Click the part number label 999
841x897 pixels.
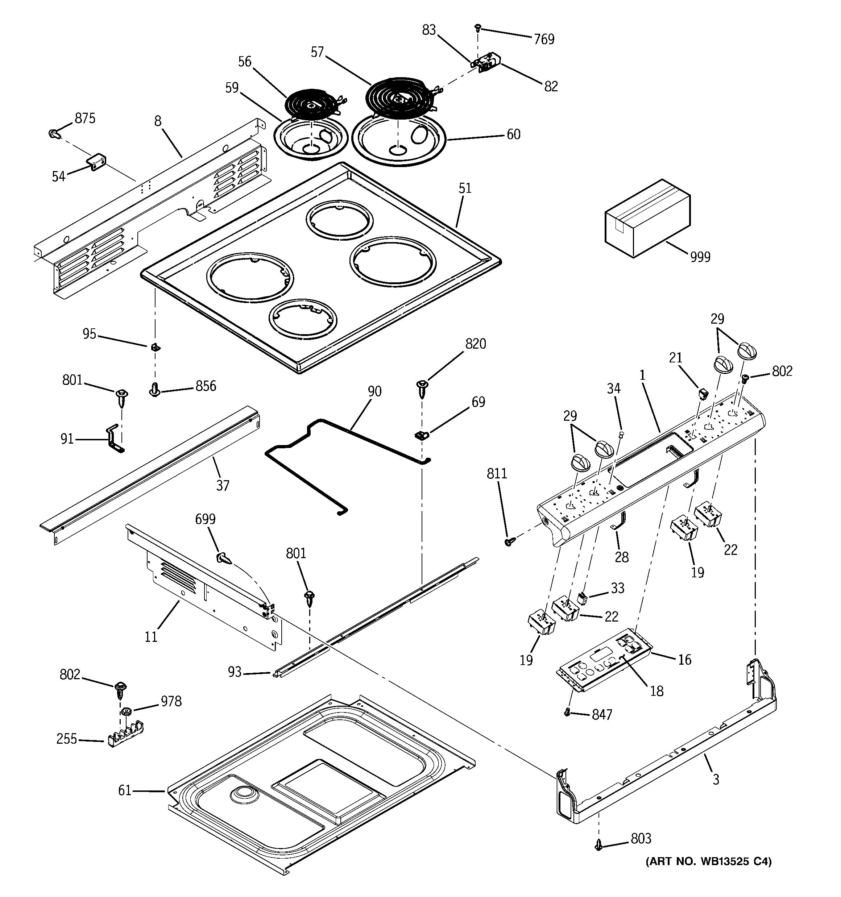click(x=700, y=257)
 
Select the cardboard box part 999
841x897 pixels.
click(x=647, y=219)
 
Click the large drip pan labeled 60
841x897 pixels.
click(x=399, y=140)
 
